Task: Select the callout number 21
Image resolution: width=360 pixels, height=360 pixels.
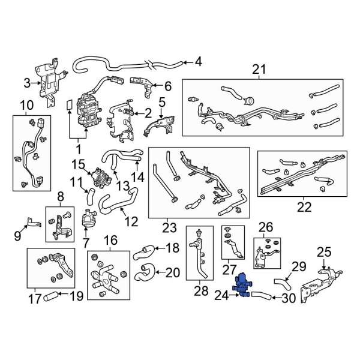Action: click(258, 69)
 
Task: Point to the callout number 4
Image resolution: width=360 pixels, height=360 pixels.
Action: click(198, 61)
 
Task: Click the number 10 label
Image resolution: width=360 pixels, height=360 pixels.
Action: click(26, 106)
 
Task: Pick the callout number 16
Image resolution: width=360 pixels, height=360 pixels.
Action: click(110, 242)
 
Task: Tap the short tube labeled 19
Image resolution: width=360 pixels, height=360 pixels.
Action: click(53, 295)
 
